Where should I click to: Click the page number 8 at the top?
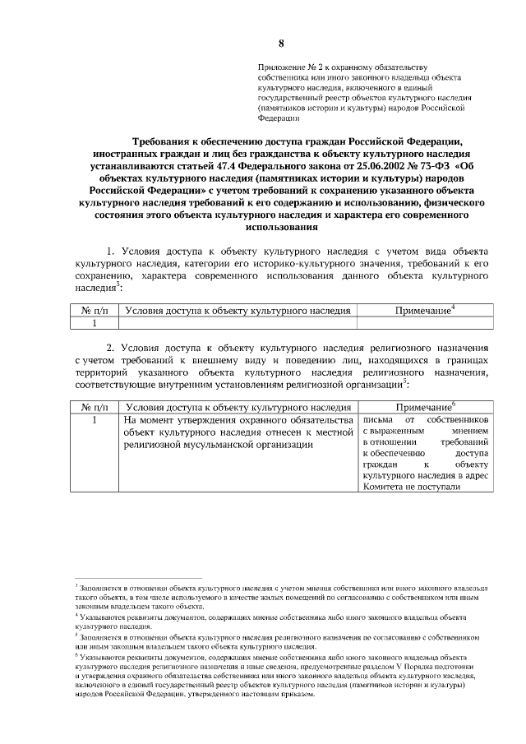281,44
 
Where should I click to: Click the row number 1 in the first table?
95,323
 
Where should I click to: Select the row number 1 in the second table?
95,420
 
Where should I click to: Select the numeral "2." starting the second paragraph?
113,349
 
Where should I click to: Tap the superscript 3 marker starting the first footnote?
76,587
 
